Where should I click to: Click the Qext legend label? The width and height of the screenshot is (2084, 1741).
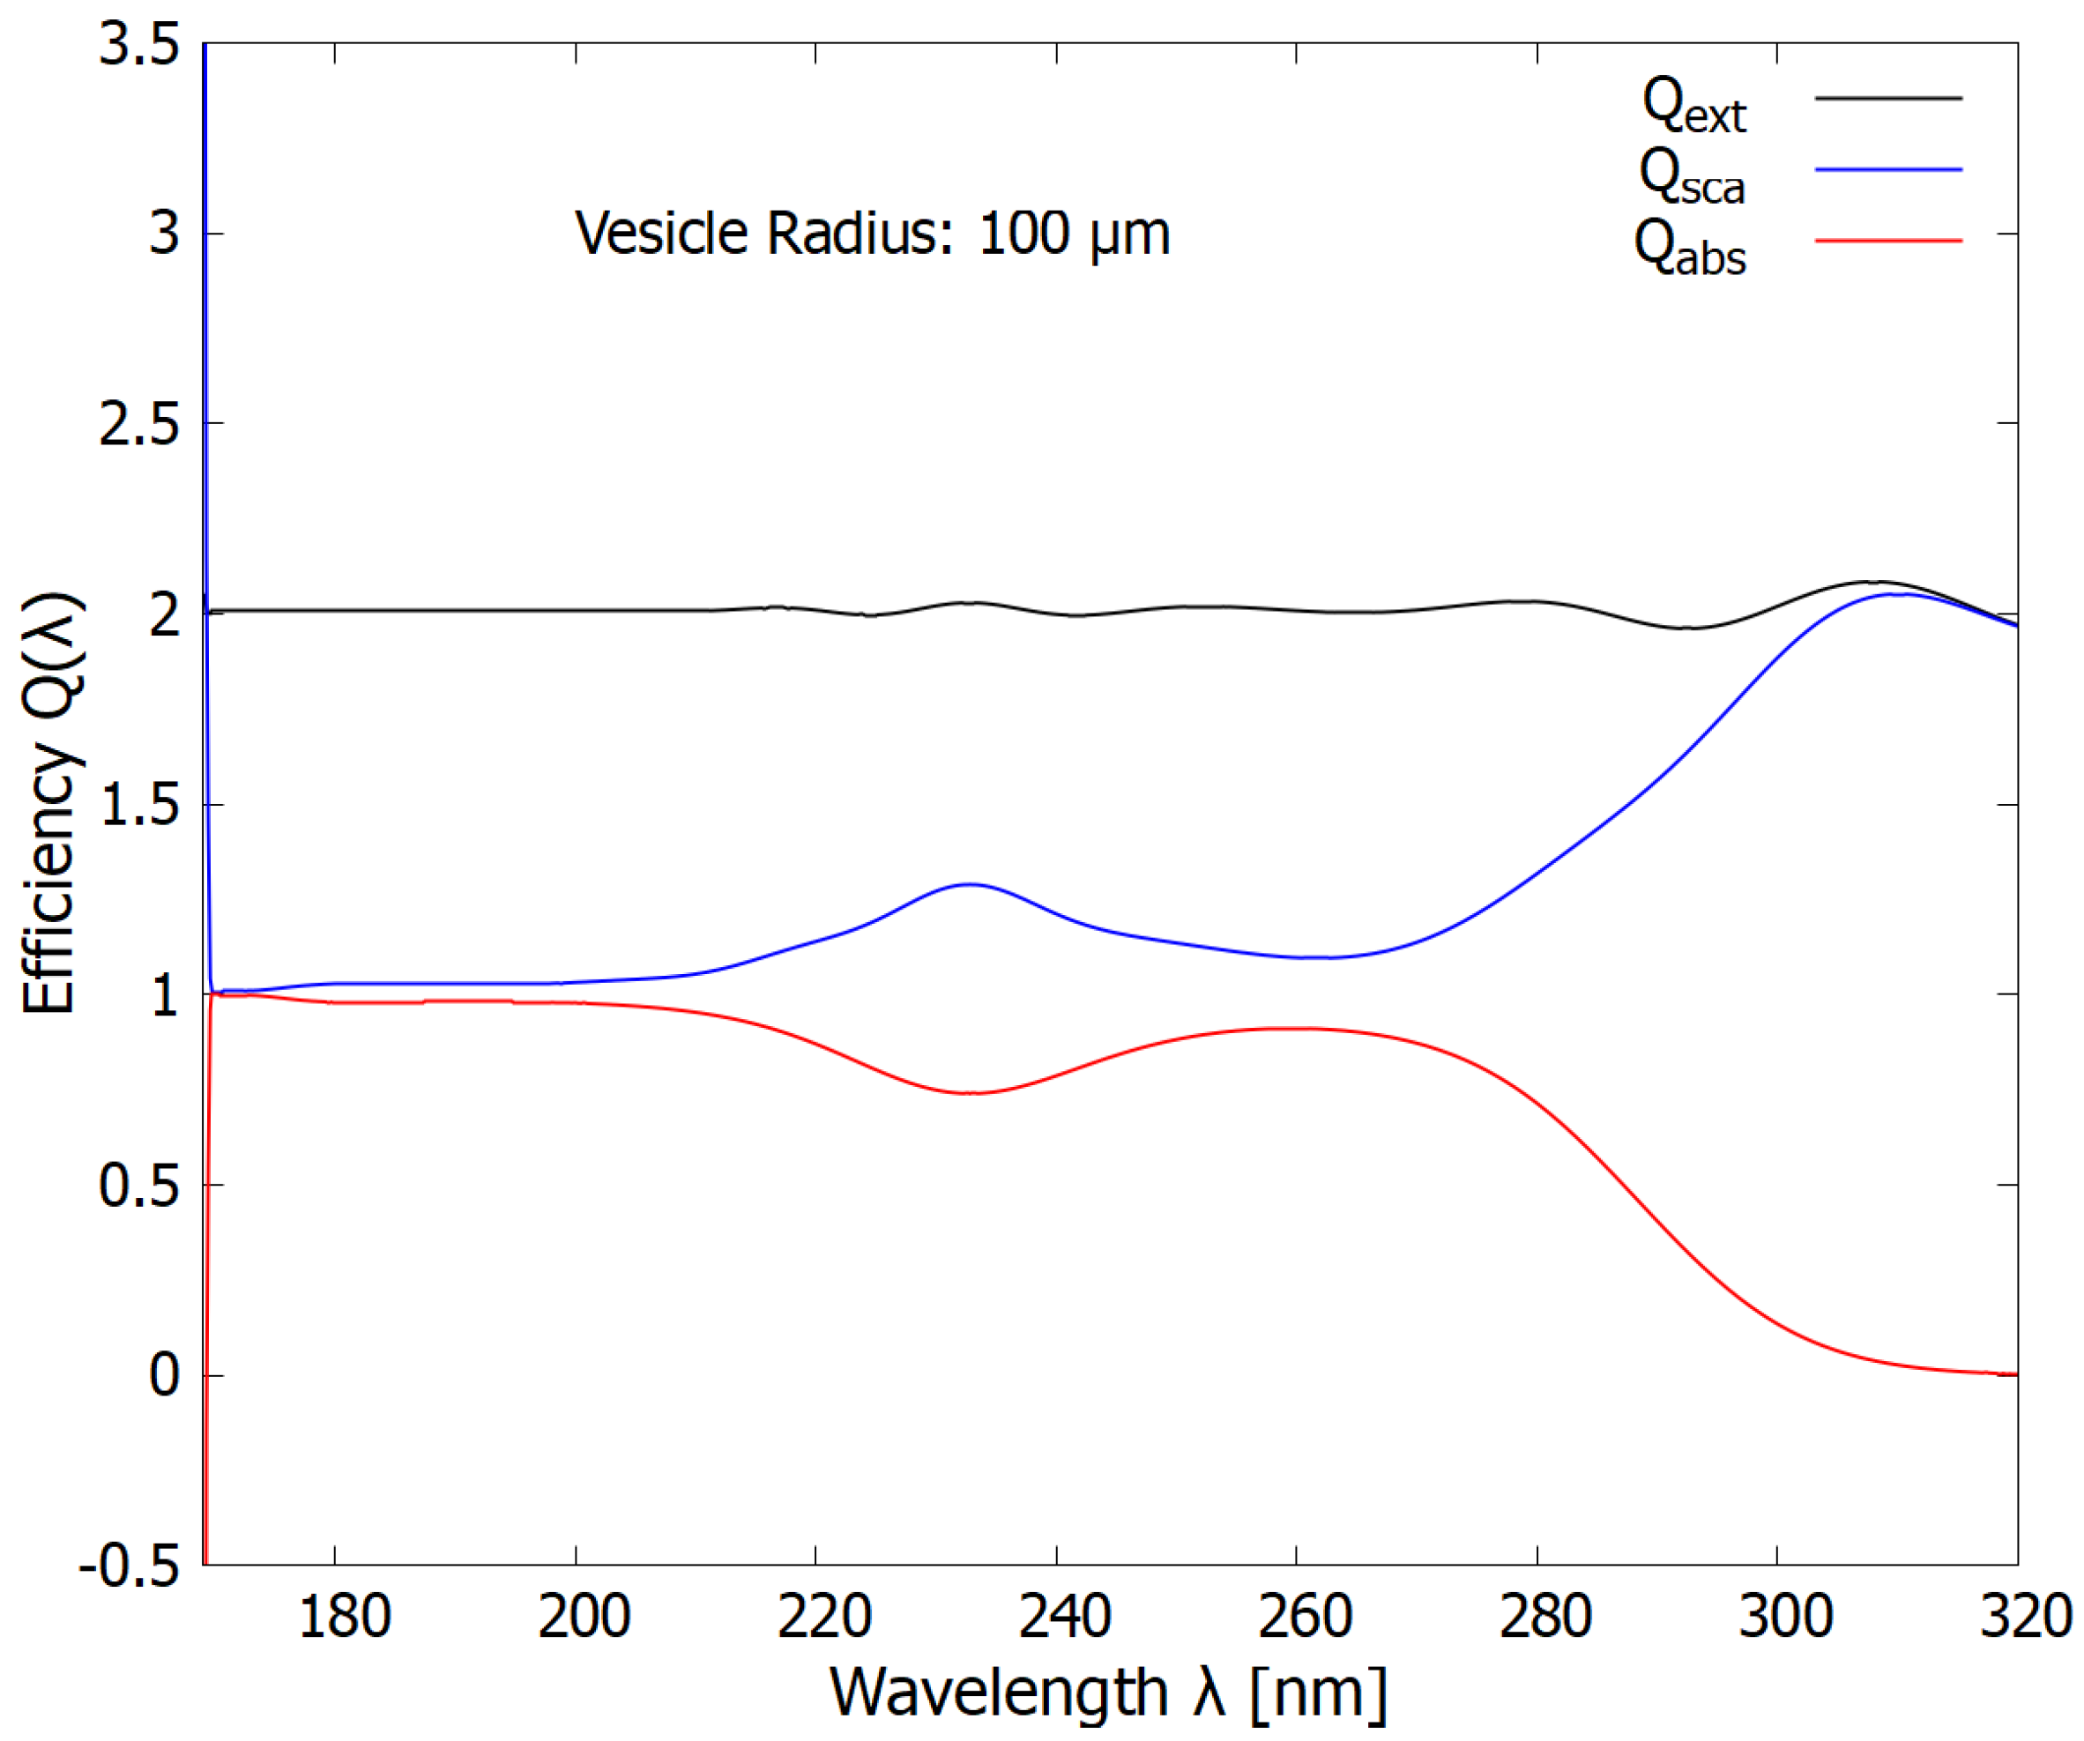click(1693, 106)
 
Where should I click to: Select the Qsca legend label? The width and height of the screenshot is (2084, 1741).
click(1691, 178)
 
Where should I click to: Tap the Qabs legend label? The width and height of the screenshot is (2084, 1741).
click(1689, 248)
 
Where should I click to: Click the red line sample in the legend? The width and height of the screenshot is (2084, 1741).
click(1887, 240)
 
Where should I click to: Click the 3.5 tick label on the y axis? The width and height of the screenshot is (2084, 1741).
click(139, 46)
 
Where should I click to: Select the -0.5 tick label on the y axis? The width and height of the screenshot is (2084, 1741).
click(129, 1566)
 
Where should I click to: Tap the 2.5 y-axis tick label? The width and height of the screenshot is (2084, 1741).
click(139, 425)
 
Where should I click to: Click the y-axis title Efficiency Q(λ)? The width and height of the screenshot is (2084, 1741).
click(49, 804)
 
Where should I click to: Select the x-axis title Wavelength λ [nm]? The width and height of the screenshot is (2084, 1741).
click(1107, 1693)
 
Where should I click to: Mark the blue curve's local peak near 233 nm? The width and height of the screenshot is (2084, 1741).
click(969, 884)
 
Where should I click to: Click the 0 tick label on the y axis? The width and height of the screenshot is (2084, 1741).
click(164, 1376)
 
